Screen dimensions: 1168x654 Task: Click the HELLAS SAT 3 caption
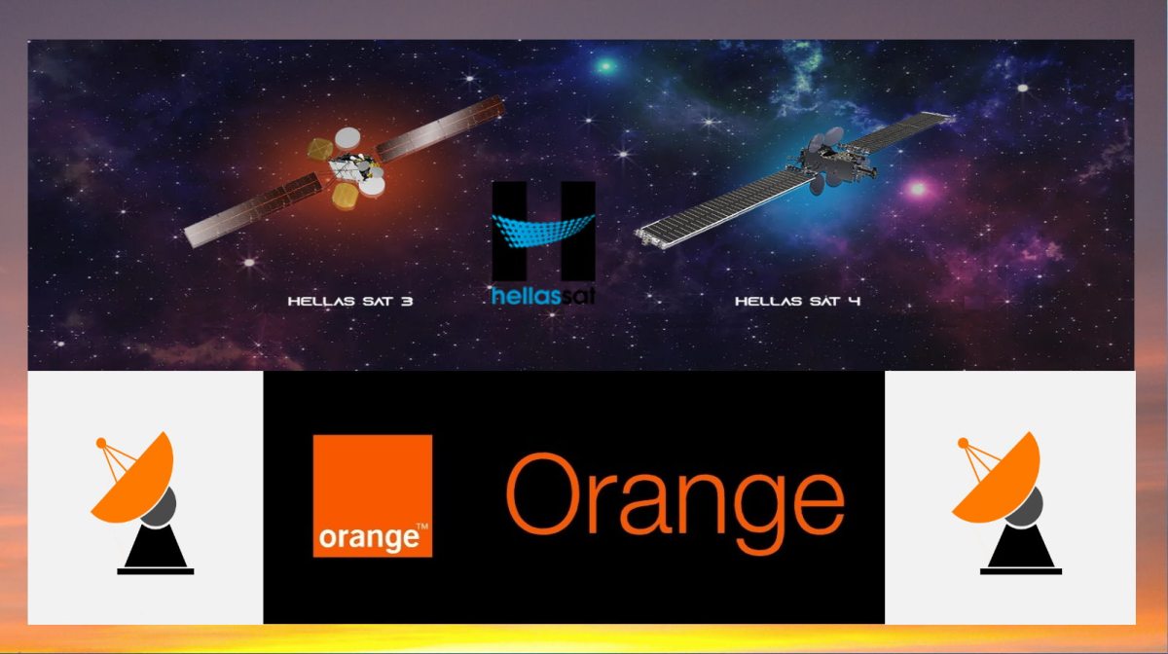tap(350, 301)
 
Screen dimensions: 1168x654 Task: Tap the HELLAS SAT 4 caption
tap(798, 301)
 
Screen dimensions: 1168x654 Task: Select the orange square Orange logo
tap(372, 495)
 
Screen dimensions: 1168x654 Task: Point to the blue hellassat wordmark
tap(543, 296)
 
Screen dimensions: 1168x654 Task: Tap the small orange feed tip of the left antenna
tap(101, 444)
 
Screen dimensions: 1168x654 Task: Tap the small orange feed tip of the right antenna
tap(963, 444)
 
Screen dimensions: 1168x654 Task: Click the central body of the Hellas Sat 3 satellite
tap(350, 165)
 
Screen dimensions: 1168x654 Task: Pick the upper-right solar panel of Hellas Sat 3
tap(440, 128)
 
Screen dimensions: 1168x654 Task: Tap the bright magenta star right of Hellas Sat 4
tap(918, 188)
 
